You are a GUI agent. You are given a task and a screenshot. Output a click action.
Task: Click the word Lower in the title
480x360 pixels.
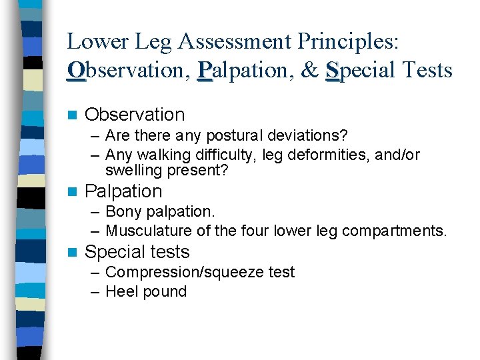click(94, 42)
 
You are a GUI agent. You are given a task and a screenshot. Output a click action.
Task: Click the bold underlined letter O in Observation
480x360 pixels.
click(76, 70)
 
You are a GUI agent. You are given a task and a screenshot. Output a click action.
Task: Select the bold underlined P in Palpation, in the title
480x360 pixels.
click(205, 70)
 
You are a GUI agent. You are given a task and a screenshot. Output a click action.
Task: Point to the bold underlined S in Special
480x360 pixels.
click(333, 70)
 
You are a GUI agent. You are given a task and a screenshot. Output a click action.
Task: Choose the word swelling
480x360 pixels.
click(133, 171)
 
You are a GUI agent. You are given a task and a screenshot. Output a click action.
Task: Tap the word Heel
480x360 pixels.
click(120, 291)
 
